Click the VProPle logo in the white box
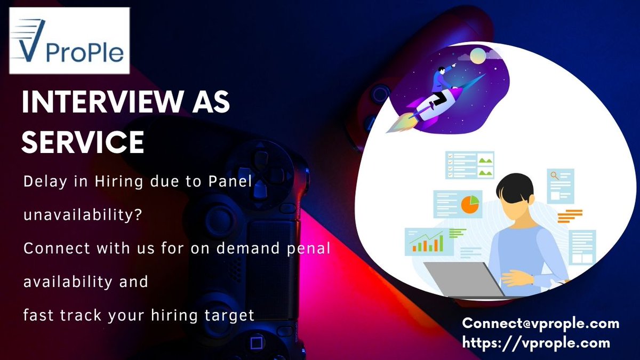coord(69,41)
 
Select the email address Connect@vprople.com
coord(541,323)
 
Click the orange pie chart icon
coord(470,204)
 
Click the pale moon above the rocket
coord(477,54)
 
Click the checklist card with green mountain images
coord(470,165)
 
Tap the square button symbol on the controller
coord(257,341)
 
